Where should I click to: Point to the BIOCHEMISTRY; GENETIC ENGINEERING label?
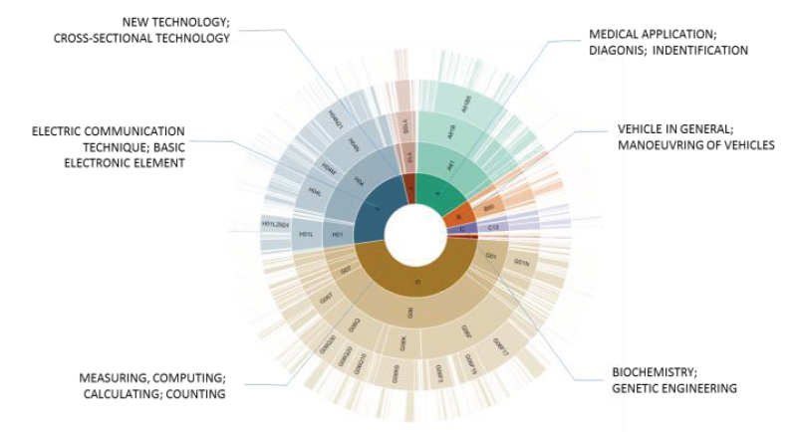674,381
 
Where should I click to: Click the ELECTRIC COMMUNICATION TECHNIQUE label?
109,146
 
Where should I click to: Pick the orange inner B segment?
457,216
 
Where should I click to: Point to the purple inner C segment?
460,229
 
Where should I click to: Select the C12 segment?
493,228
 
